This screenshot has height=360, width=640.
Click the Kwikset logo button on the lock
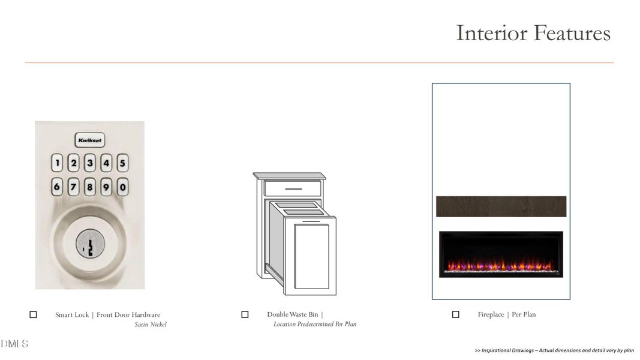(90, 140)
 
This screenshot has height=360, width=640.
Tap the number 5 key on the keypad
(122, 163)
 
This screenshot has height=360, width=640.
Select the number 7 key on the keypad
(73, 187)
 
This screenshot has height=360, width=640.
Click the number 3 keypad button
(90, 163)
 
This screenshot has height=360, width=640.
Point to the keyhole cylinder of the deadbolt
(90, 244)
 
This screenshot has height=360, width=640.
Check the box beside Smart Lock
(33, 314)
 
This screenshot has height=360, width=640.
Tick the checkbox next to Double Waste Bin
(245, 314)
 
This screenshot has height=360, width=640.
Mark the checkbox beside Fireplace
(455, 314)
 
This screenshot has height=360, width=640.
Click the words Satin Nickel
(151, 325)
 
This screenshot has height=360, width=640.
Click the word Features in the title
(572, 33)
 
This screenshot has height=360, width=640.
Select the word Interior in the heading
(491, 33)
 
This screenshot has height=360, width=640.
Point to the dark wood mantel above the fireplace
(501, 206)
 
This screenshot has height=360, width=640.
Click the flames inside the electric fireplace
(501, 265)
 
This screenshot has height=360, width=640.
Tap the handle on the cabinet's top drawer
(293, 189)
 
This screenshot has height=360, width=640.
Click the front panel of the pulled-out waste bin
(311, 256)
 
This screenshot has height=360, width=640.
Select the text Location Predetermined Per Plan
(315, 324)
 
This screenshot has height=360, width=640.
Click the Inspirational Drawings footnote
(554, 350)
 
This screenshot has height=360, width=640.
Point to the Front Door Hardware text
(128, 314)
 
